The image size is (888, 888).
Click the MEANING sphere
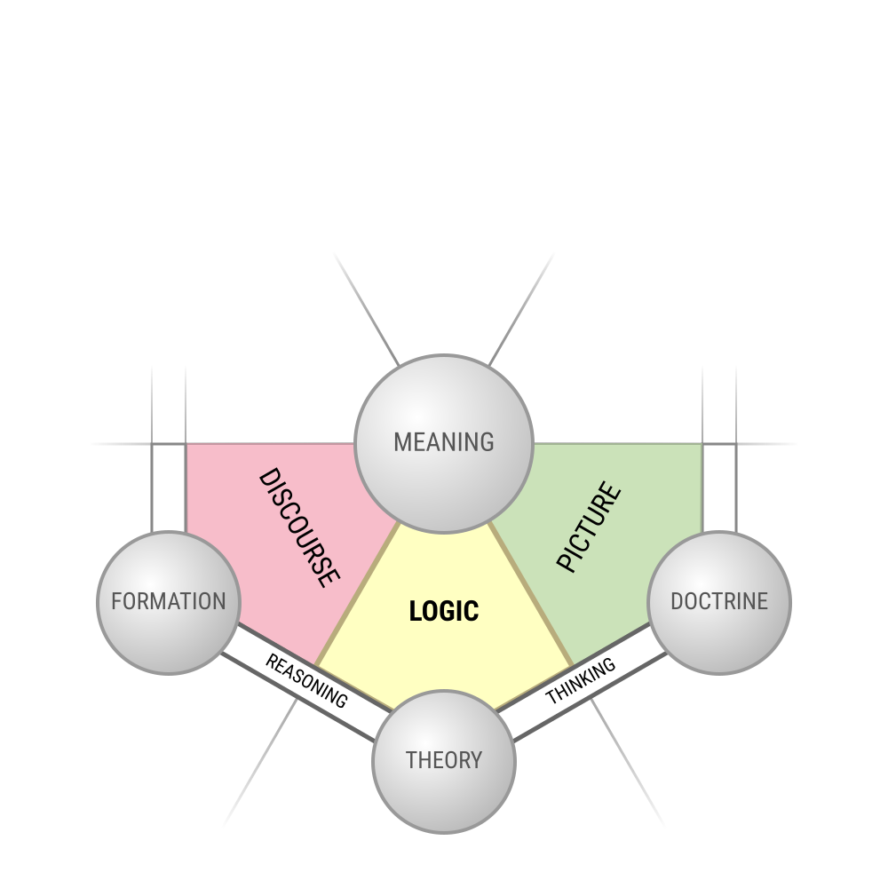[443, 443]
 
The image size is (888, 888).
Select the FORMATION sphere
[169, 603]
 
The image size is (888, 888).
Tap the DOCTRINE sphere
[719, 603]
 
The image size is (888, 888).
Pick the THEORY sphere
[444, 762]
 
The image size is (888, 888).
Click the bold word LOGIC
[444, 612]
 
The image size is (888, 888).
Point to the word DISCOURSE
[299, 527]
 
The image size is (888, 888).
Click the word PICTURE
[589, 527]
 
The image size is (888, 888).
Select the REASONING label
[306, 681]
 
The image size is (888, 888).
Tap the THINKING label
[581, 681]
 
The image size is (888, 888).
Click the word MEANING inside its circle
[444, 442]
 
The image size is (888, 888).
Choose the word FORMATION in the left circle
[169, 601]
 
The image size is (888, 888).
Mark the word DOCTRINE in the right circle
[719, 601]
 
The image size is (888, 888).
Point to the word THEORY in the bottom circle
[444, 760]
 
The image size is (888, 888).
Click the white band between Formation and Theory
[306, 682]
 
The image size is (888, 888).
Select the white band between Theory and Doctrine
[582, 682]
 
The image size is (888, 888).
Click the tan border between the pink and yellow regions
[357, 594]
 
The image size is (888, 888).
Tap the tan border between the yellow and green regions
[531, 594]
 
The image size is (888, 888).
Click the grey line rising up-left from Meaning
[367, 309]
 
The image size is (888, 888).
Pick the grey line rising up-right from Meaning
[521, 309]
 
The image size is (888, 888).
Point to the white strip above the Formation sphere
[169, 487]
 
